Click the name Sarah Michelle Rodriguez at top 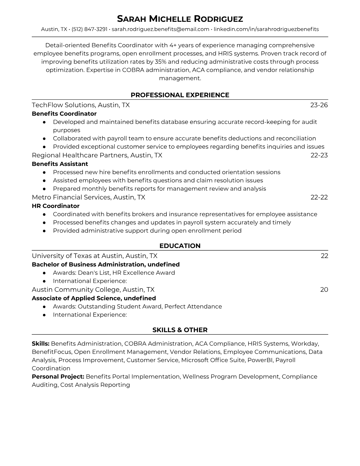pyautogui.click(x=180, y=19)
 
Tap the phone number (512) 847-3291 pyautogui.click(x=89, y=29)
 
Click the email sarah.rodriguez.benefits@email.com pyautogui.click(x=160, y=29)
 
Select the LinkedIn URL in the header pyautogui.click(x=266, y=29)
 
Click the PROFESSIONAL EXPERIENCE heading pyautogui.click(x=180, y=95)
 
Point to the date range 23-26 pyautogui.click(x=319, y=105)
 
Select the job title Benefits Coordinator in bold pyautogui.click(x=64, y=114)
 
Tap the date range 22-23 pyautogui.click(x=319, y=155)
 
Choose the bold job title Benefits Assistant pyautogui.click(x=60, y=164)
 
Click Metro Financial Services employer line pyautogui.click(x=88, y=197)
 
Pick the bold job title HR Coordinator pyautogui.click(x=56, y=206)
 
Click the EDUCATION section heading pyautogui.click(x=180, y=246)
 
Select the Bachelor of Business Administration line pyautogui.click(x=106, y=264)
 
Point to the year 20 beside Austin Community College pyautogui.click(x=324, y=289)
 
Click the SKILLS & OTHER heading pyautogui.click(x=180, y=330)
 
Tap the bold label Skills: pyautogui.click(x=41, y=344)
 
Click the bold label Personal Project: pyautogui.click(x=58, y=377)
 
